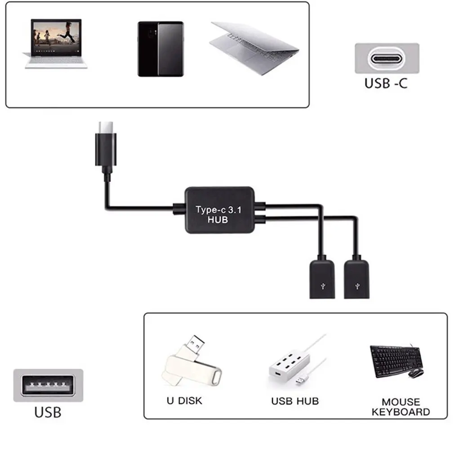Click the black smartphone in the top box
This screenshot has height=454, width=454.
click(160, 49)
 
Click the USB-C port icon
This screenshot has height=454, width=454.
click(387, 59)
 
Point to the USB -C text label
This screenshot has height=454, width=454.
click(386, 83)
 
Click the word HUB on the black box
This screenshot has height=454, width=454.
click(218, 220)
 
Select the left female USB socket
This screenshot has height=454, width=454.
click(322, 280)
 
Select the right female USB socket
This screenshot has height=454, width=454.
click(357, 280)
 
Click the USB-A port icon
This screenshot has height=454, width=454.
click(48, 385)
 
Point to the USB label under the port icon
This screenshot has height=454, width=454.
click(48, 412)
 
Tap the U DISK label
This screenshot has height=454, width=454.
click(184, 401)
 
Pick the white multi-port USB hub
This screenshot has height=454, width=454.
click(292, 366)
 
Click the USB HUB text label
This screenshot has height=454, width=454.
click(294, 401)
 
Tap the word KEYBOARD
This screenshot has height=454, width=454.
click(401, 412)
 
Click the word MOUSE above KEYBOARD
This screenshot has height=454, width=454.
click(401, 402)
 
